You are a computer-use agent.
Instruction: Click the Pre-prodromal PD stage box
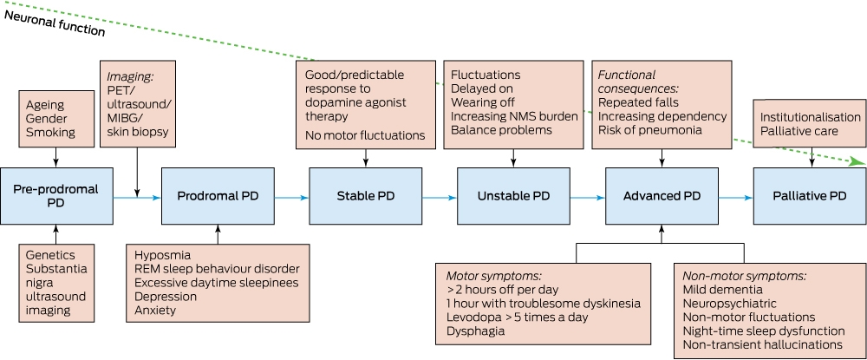click(x=56, y=196)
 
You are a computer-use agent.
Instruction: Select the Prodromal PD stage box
click(x=218, y=196)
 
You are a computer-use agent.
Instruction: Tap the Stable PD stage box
click(x=366, y=196)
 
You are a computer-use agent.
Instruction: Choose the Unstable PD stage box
click(x=513, y=196)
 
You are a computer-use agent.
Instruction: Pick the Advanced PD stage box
click(x=662, y=196)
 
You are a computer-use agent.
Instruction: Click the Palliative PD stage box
click(x=810, y=196)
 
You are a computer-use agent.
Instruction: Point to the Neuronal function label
click(x=54, y=23)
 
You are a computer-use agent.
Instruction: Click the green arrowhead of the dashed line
click(x=858, y=161)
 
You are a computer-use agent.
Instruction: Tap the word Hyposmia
click(x=163, y=255)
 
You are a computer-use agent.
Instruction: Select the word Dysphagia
click(x=475, y=331)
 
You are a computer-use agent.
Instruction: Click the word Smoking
click(x=50, y=132)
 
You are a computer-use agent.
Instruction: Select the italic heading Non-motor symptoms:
click(x=745, y=275)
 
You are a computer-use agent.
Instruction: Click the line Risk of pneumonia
click(x=650, y=130)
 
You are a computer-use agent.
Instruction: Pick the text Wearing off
click(x=483, y=102)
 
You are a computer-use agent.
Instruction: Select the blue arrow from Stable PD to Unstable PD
click(x=440, y=197)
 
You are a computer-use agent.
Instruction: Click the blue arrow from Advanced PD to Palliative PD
click(x=736, y=197)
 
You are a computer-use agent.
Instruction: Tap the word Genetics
click(x=50, y=255)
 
